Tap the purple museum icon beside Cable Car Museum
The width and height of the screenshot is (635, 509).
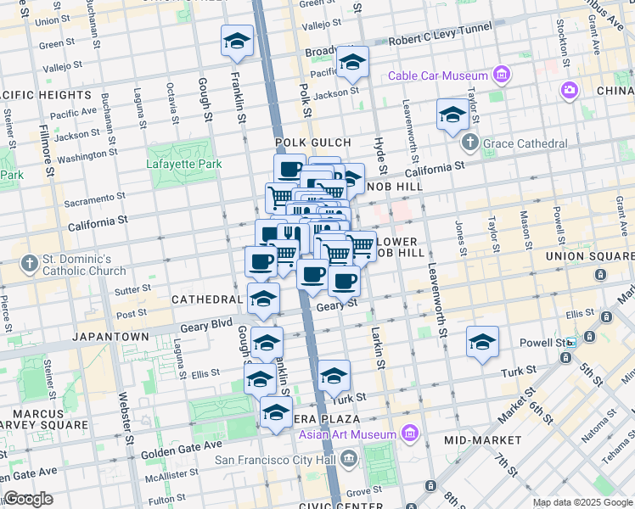click(503, 76)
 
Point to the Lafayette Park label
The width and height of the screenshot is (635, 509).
click(183, 164)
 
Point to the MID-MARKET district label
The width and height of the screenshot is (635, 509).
click(483, 440)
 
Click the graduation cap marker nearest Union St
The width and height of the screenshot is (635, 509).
click(238, 41)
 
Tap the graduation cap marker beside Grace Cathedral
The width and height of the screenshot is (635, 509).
click(452, 115)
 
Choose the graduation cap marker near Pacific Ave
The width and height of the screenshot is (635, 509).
click(352, 62)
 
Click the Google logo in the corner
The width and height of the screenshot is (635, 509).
click(29, 500)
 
